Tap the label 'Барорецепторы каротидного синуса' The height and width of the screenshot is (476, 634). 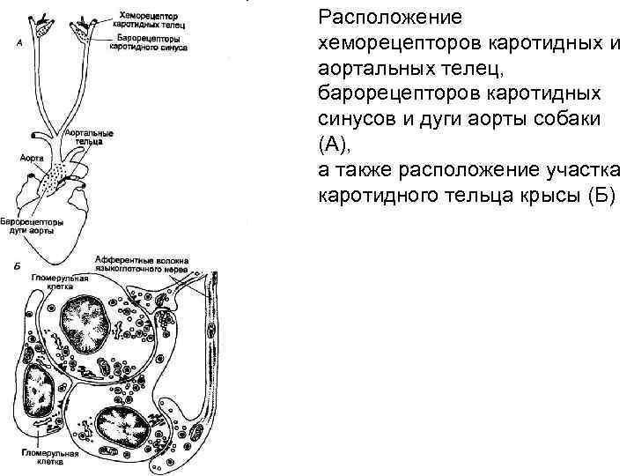coord(145,43)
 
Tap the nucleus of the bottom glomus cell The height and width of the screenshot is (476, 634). coord(124,432)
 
